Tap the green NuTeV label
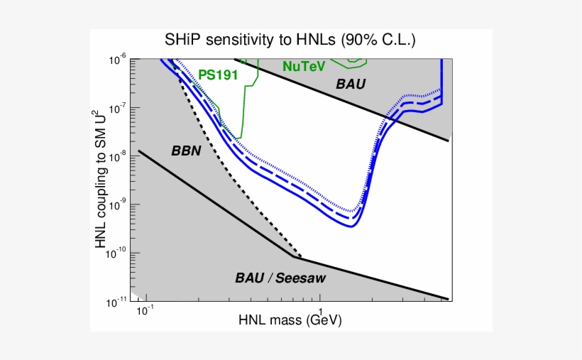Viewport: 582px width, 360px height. click(303, 66)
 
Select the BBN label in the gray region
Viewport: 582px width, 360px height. click(187, 151)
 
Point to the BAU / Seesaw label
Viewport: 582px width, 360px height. click(280, 278)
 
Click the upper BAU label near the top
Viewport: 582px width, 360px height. click(351, 84)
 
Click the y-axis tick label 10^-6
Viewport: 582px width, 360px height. click(117, 60)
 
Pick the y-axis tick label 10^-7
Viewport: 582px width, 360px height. click(117, 108)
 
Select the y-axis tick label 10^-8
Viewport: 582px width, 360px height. click(117, 156)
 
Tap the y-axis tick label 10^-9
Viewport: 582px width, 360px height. click(117, 204)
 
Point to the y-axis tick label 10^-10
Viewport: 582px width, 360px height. click(116, 253)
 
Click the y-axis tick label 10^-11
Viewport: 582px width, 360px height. click(116, 302)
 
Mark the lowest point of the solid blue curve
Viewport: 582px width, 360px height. click(351, 226)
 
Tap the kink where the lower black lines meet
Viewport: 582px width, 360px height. click(294, 256)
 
